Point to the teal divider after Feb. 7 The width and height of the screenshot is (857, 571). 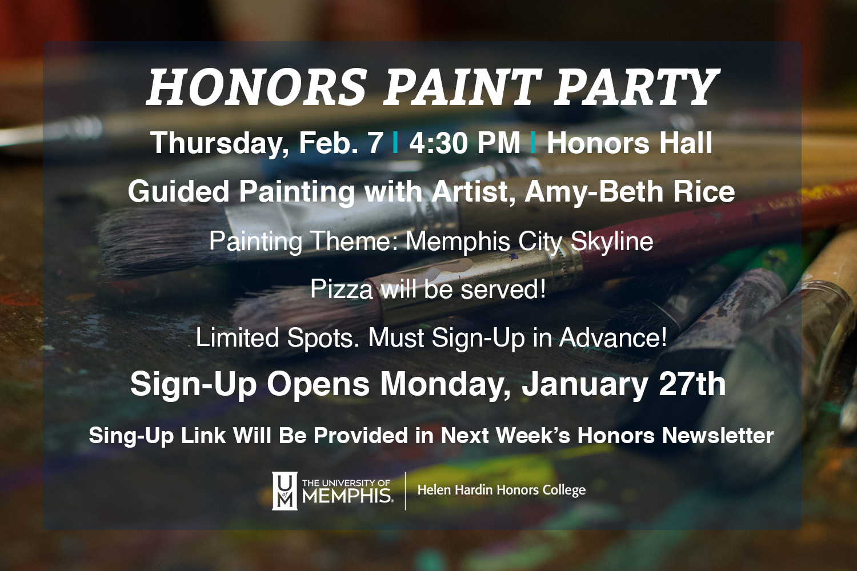(x=395, y=143)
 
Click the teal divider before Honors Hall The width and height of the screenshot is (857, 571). (x=533, y=143)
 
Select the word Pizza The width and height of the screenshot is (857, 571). (x=341, y=289)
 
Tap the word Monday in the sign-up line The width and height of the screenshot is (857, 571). (x=444, y=385)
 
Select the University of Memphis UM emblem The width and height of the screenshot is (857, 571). (x=285, y=490)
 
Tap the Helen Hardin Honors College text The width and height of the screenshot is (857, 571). (x=502, y=490)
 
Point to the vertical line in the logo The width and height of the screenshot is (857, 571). (x=405, y=490)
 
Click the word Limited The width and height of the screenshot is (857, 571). (x=237, y=337)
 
